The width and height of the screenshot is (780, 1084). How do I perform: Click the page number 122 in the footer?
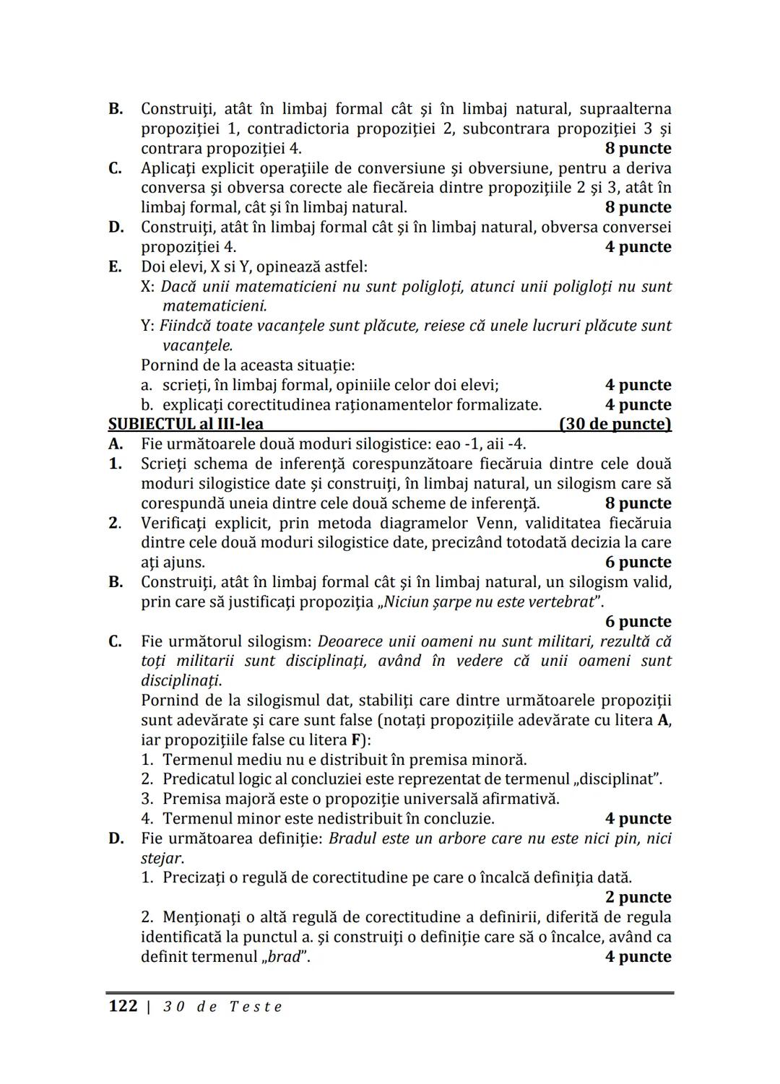122,1006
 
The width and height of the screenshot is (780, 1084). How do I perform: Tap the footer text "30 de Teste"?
222,1007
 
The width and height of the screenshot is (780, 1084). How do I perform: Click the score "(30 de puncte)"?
615,424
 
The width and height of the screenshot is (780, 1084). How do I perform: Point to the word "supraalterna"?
620,109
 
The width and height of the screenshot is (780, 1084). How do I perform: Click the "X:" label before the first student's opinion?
148,287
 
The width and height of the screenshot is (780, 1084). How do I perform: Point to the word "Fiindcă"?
186,326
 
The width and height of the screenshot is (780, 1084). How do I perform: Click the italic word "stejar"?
161,858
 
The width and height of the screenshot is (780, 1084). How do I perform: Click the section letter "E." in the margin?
115,266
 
